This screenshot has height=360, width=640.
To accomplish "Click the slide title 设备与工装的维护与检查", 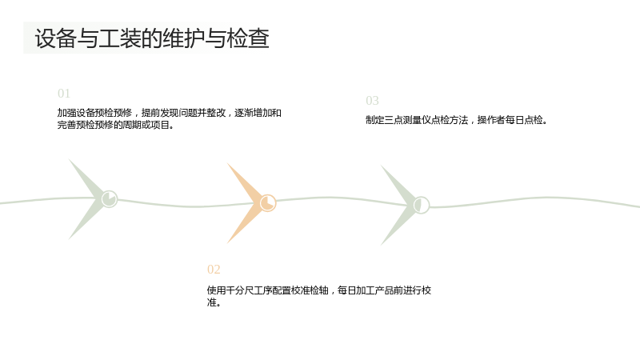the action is (x=152, y=38).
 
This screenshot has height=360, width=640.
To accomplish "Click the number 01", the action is (x=64, y=94).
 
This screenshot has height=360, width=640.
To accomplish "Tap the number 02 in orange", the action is (x=214, y=270).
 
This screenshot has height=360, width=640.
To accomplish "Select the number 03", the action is (x=372, y=101).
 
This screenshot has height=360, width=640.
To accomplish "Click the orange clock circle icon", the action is (x=268, y=203).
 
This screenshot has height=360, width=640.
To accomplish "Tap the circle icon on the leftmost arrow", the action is (x=110, y=198).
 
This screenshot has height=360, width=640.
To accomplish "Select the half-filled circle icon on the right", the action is (x=422, y=205).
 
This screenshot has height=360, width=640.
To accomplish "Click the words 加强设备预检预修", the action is (x=94, y=113).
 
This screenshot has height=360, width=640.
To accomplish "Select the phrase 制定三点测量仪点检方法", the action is (x=417, y=120).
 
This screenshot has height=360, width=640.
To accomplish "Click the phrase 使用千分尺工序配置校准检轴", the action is (x=267, y=290).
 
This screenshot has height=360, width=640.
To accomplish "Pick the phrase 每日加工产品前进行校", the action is (x=385, y=290).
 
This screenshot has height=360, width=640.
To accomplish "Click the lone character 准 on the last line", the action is (x=211, y=302).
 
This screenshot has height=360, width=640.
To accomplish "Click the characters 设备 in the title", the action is (x=56, y=38).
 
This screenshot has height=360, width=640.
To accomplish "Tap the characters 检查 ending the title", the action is (x=248, y=38).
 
